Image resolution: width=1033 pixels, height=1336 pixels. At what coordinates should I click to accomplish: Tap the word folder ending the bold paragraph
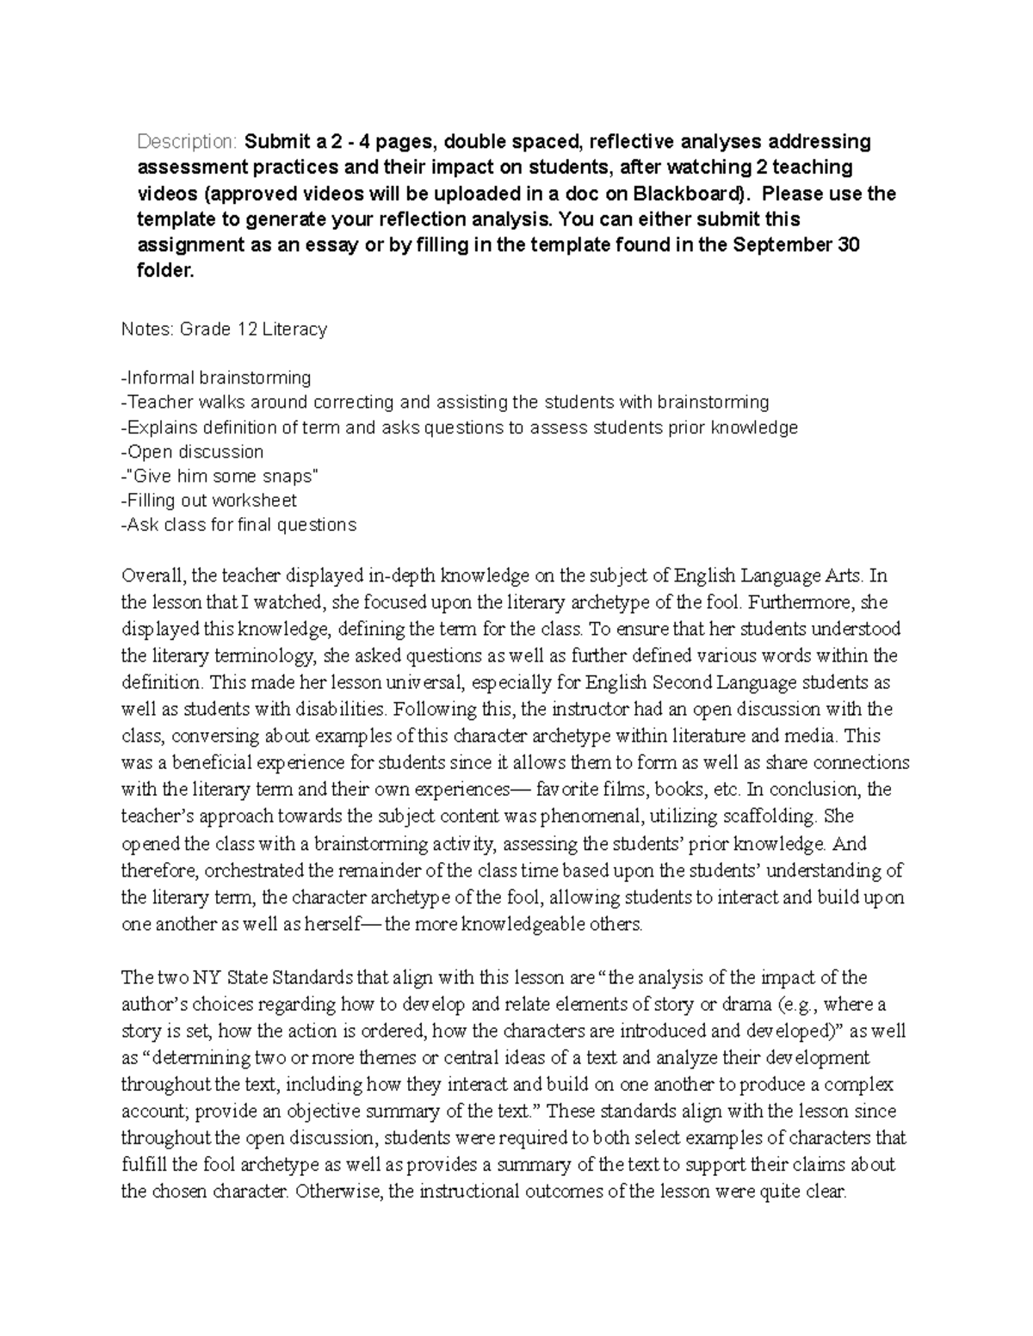(165, 271)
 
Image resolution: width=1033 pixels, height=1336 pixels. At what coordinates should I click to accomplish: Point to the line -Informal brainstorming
(216, 378)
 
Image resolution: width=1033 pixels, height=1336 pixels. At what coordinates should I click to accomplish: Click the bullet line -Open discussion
(193, 452)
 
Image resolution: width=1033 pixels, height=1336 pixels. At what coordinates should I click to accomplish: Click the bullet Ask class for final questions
(238, 525)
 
